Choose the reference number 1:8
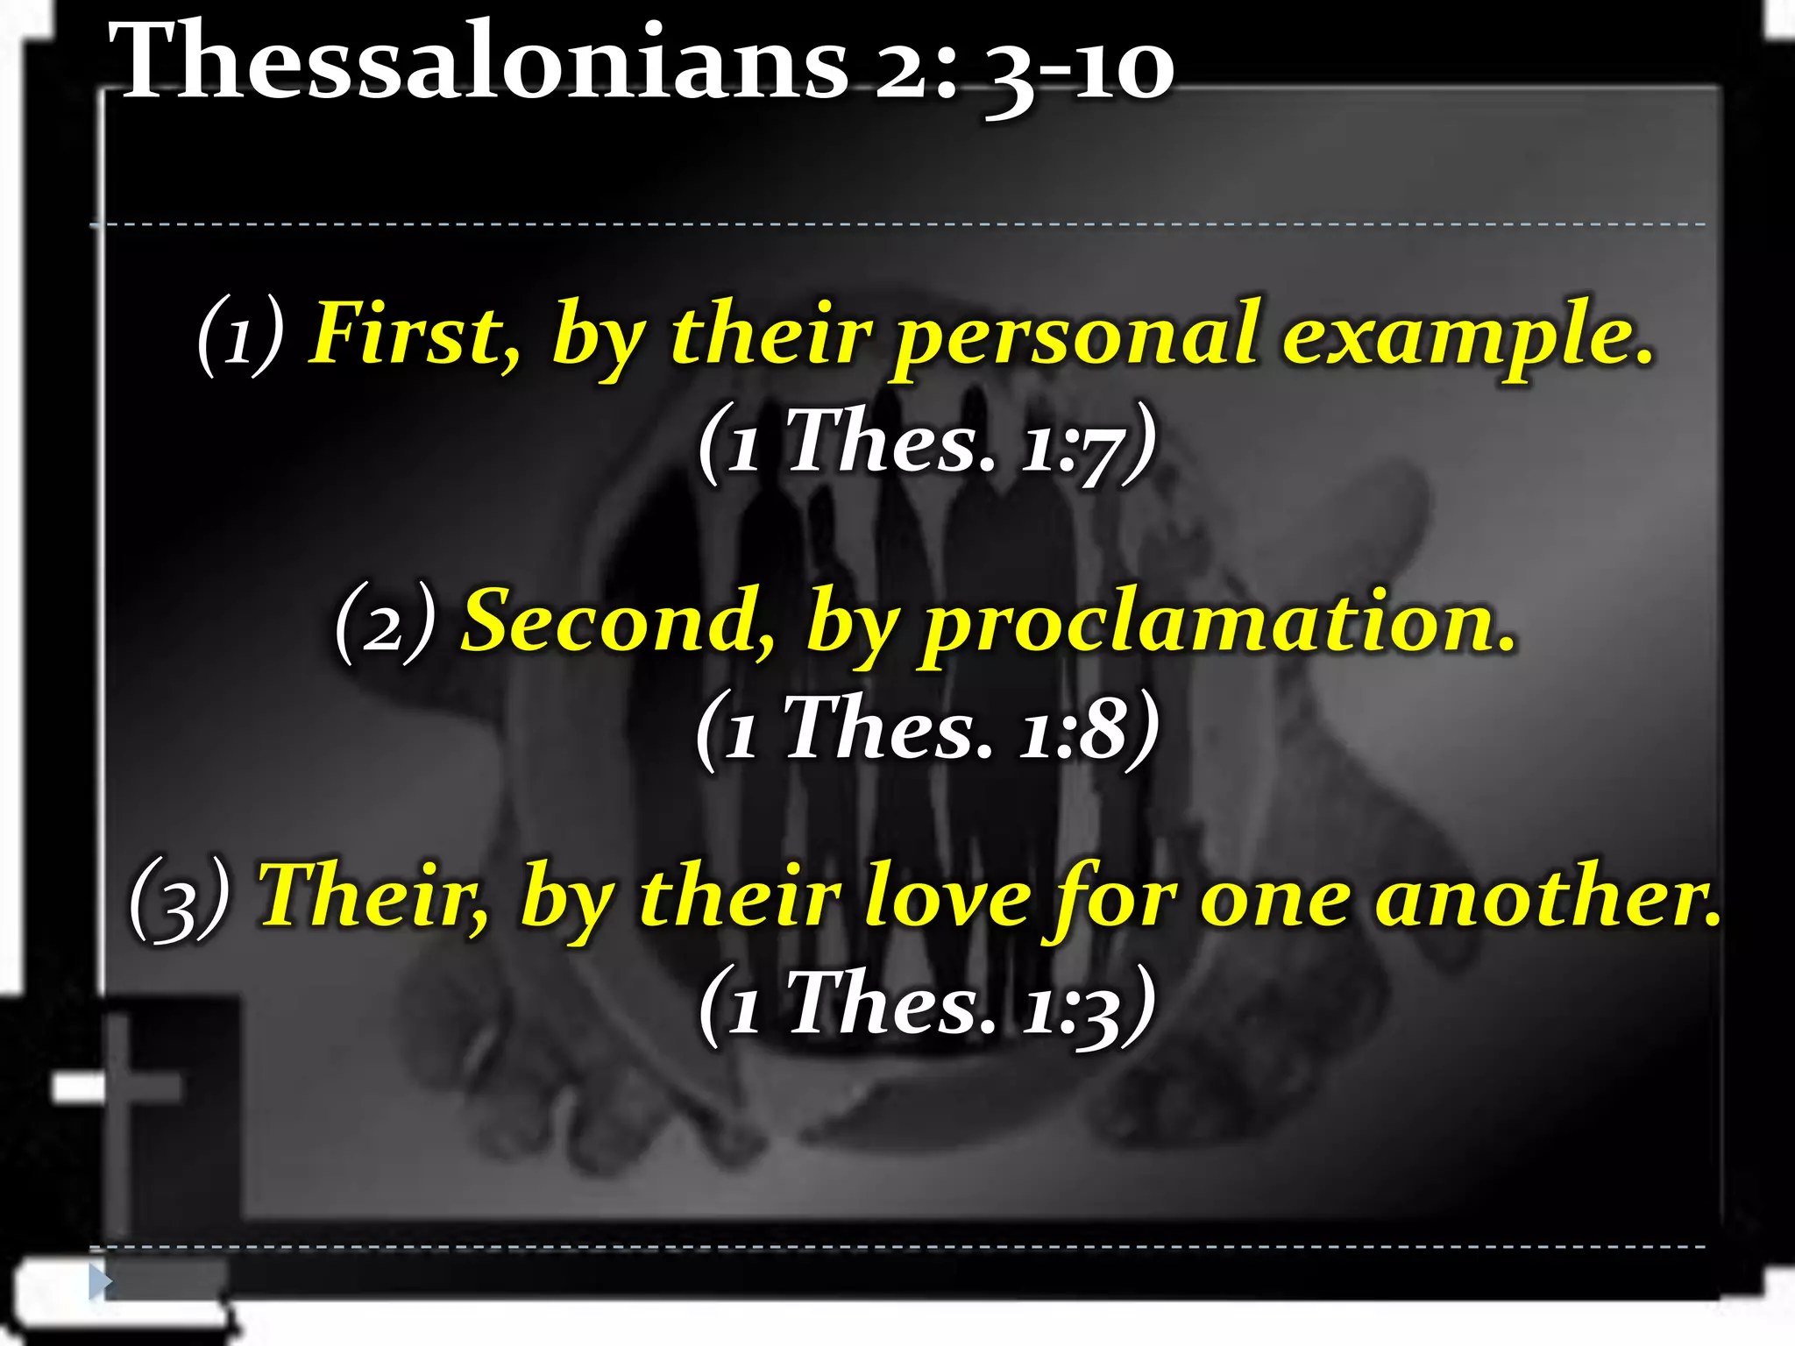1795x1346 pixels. (1073, 730)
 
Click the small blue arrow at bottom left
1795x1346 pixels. (100, 1282)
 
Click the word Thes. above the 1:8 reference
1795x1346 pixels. (887, 728)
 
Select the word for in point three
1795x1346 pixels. (1114, 901)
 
